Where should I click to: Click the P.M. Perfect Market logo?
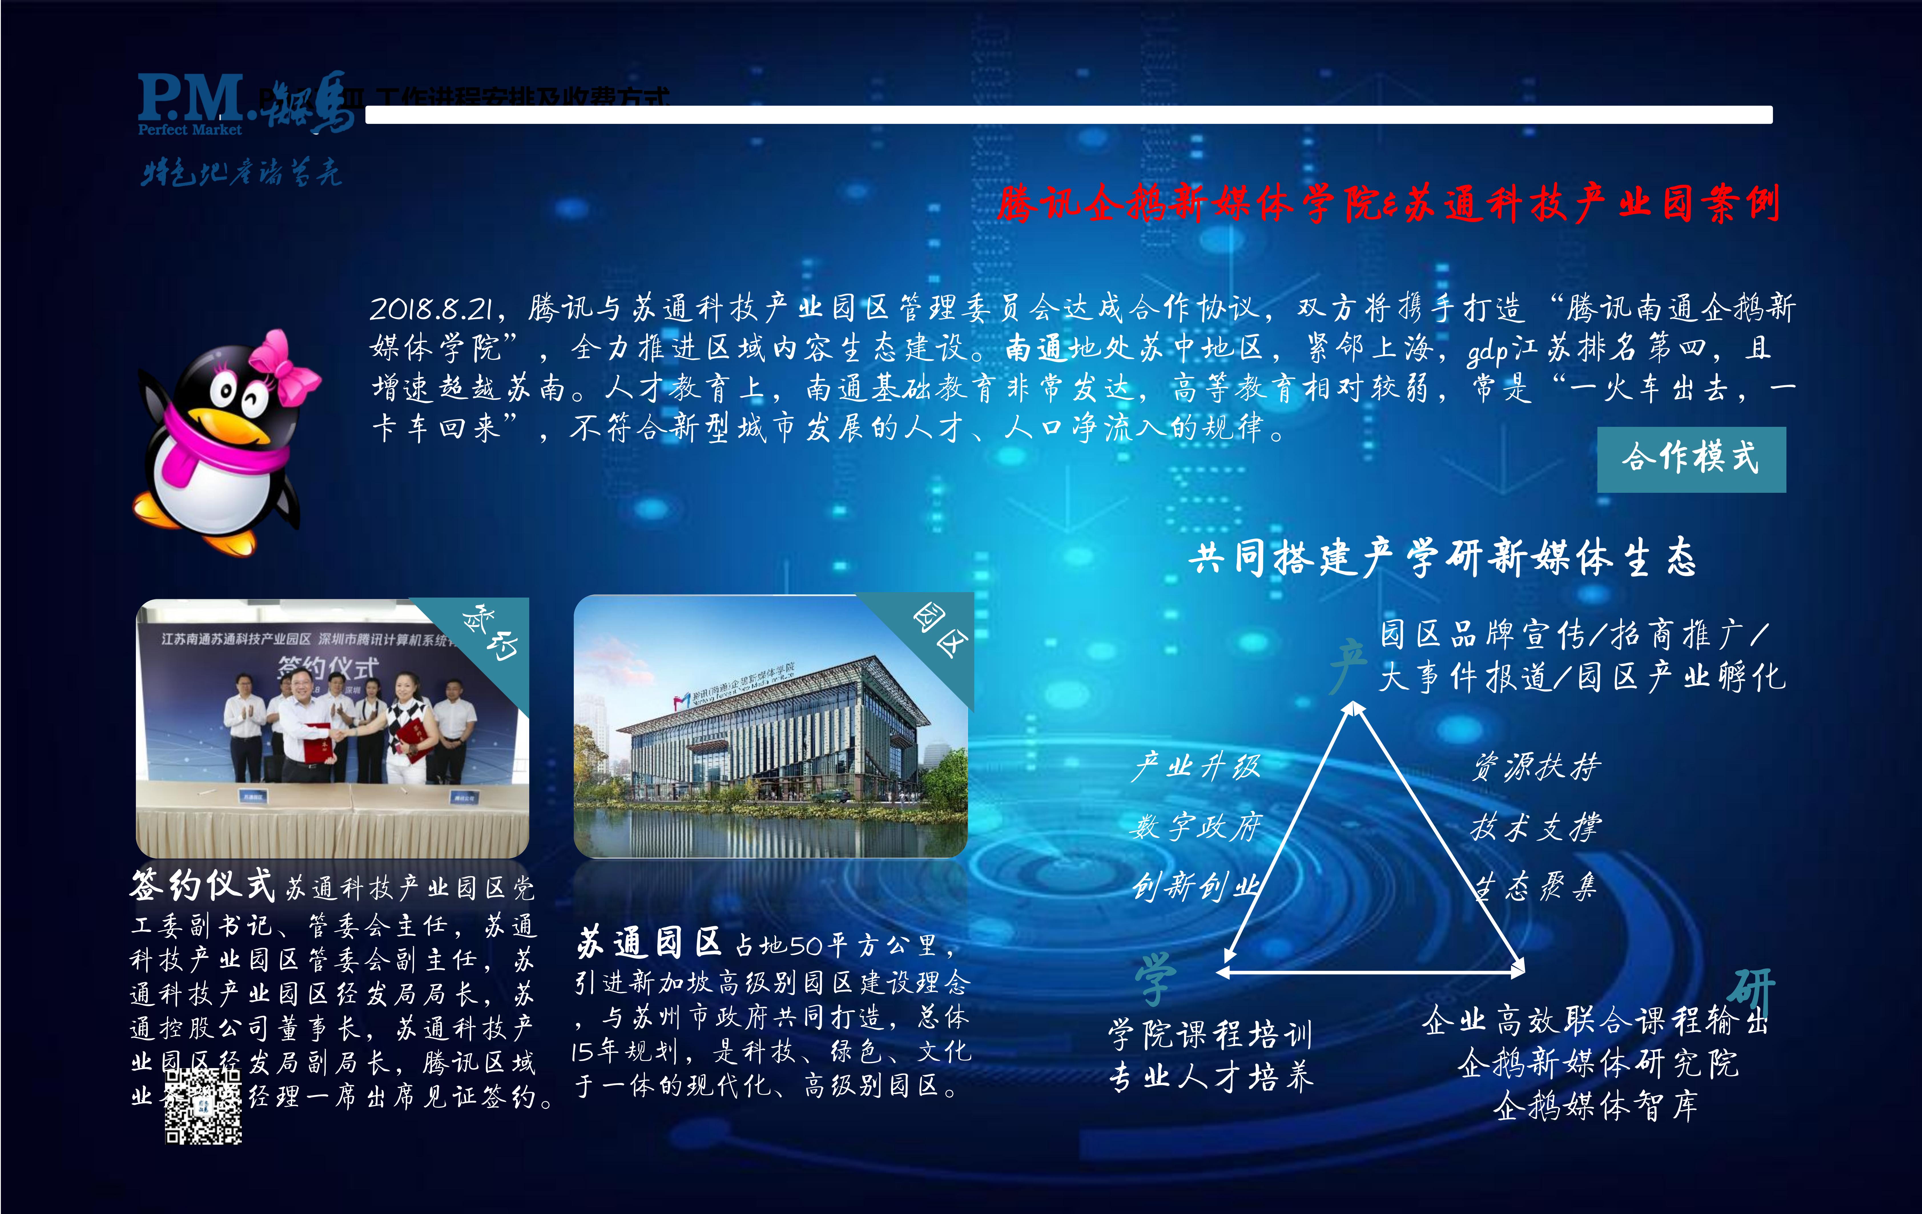coord(192,104)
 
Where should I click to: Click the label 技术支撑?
coord(1536,827)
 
